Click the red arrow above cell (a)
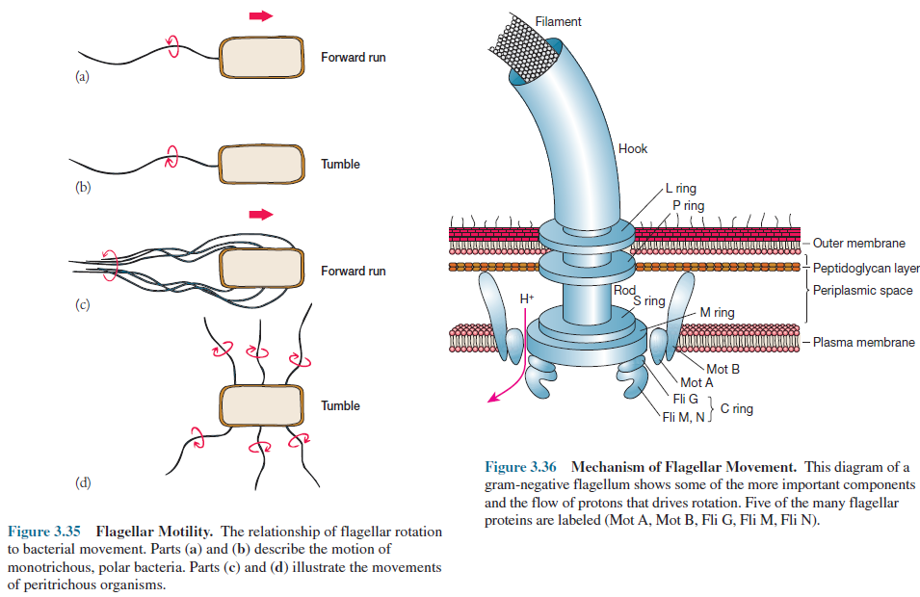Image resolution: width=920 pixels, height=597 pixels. point(260,15)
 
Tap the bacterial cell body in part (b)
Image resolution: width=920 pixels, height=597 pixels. point(258,164)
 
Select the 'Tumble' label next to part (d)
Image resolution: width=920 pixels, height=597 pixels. point(340,405)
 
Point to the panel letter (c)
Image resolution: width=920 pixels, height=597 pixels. point(83,305)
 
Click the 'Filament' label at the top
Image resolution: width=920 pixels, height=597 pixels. point(559,21)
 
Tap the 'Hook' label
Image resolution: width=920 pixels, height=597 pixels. point(633,149)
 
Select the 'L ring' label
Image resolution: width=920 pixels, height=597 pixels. point(680,189)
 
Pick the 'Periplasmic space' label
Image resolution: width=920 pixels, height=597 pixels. point(862,290)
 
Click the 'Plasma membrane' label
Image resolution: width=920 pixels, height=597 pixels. point(863,342)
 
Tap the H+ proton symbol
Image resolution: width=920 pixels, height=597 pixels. point(526,299)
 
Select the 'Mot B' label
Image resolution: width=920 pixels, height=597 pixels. point(723,369)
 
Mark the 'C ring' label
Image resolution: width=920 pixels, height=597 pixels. point(736,409)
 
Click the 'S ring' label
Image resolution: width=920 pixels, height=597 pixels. point(648,300)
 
